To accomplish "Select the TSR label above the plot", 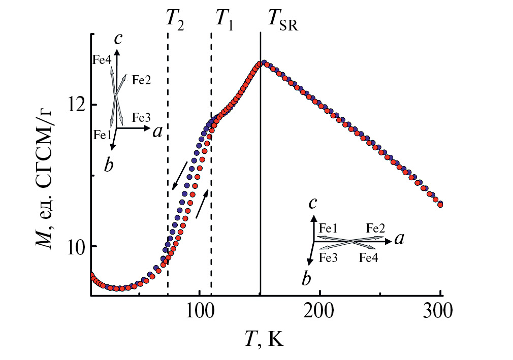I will [282, 20].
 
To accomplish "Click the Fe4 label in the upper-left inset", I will [102, 60].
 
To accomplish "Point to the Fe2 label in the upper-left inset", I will [141, 80].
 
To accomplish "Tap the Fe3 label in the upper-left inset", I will [141, 117].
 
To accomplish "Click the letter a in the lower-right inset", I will [399, 239].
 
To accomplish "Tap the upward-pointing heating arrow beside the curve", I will [202, 202].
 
